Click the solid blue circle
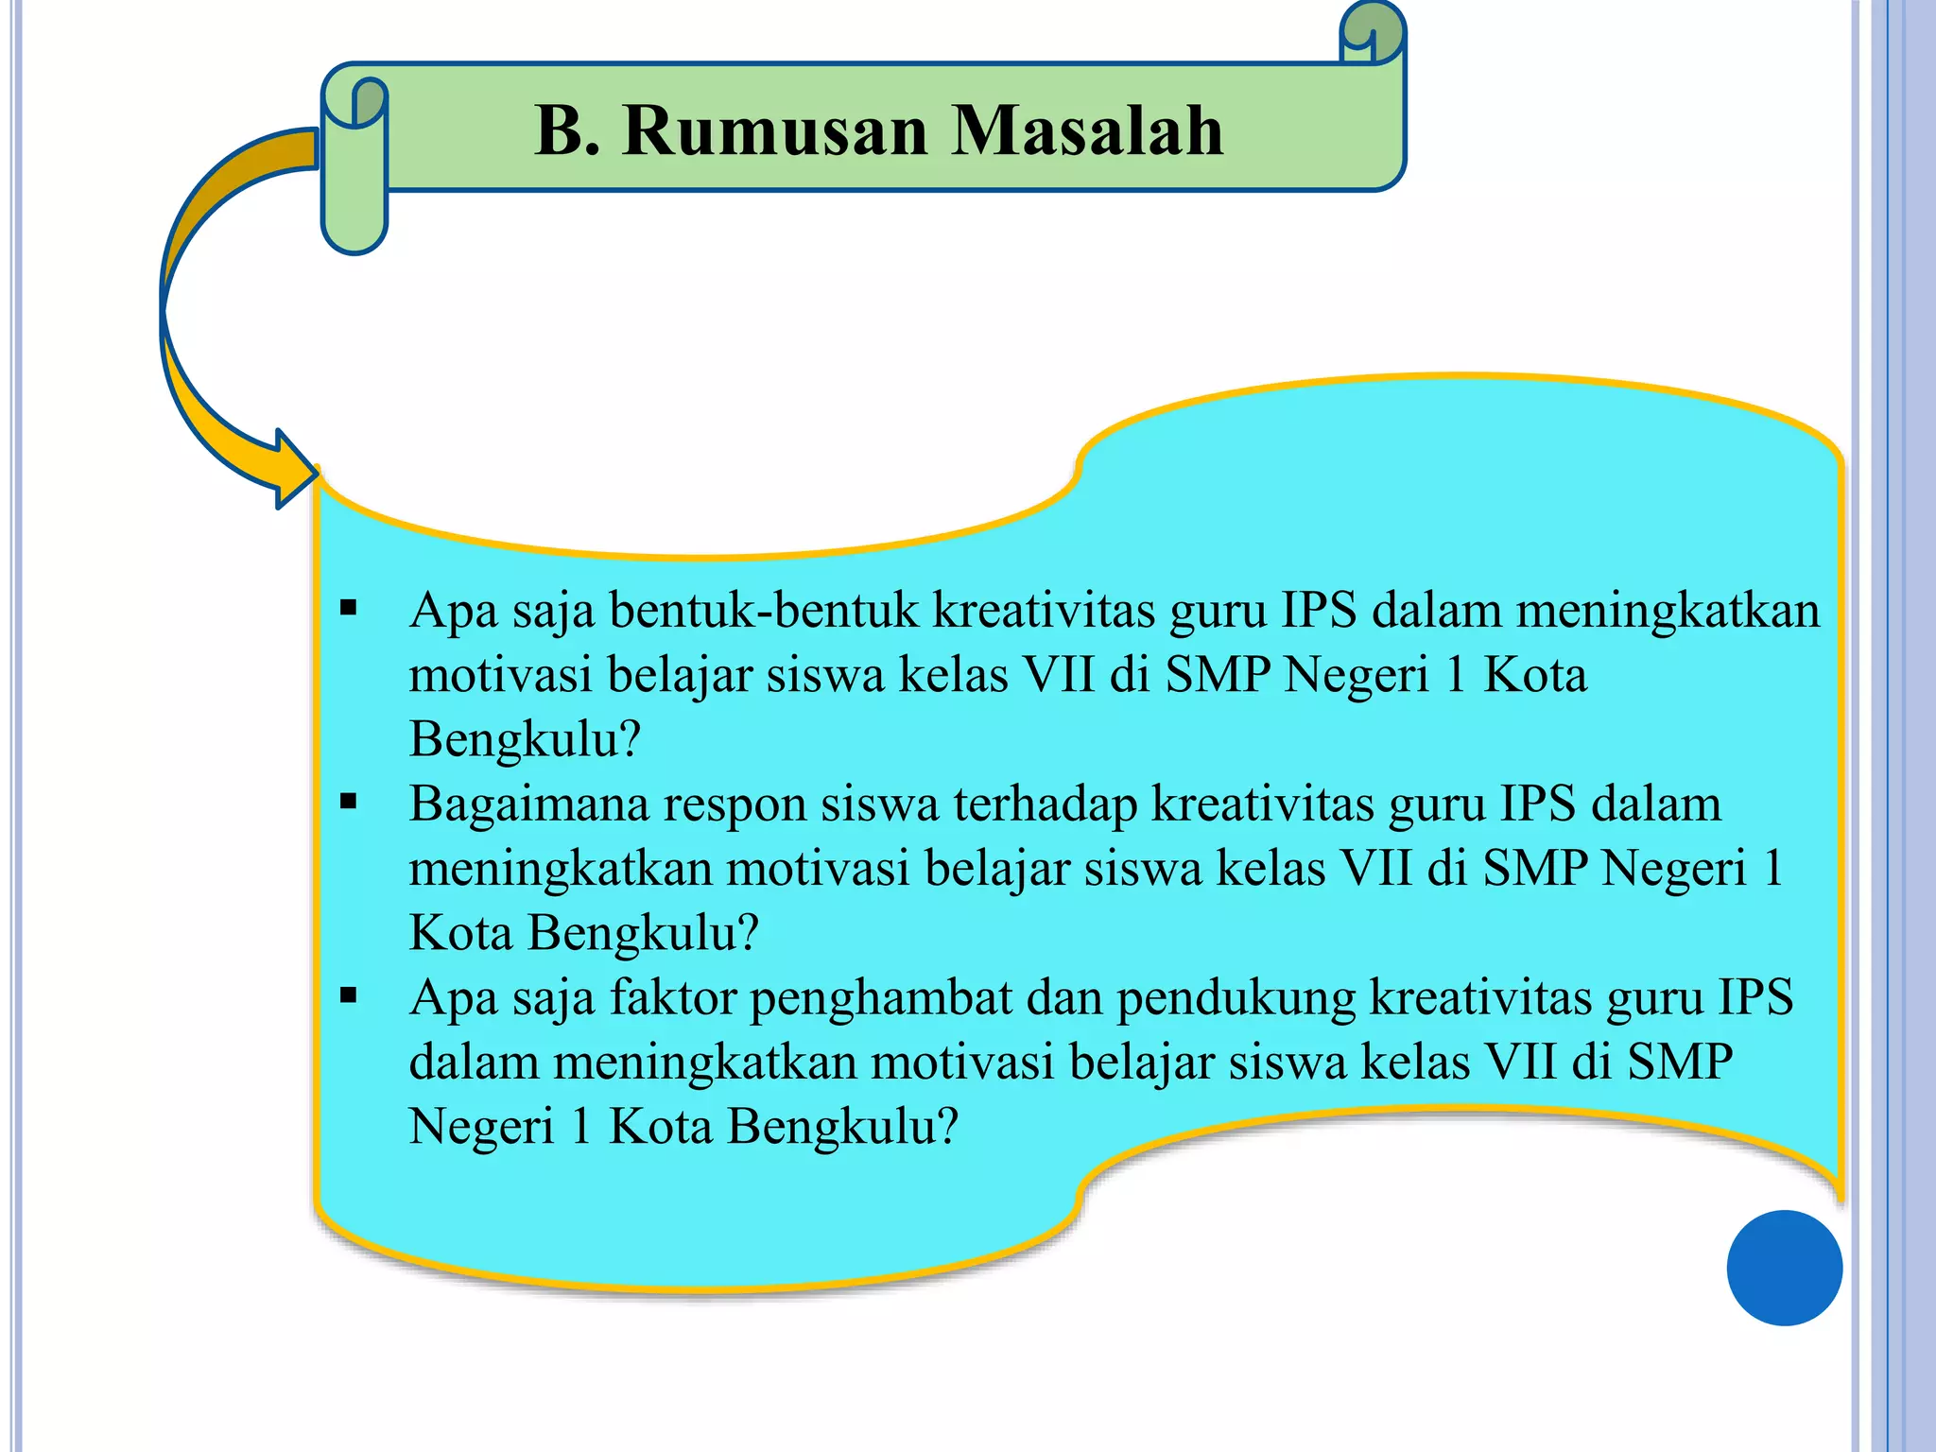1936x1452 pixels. [x=1784, y=1268]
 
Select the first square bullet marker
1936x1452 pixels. [x=349, y=609]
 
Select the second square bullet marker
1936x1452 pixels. [x=349, y=803]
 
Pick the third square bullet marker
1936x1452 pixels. [x=349, y=995]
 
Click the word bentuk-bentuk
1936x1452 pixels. [x=764, y=611]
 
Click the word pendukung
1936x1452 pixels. [x=1236, y=999]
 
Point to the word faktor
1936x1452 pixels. [x=672, y=997]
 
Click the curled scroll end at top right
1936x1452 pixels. [x=1373, y=34]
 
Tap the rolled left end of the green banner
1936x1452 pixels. [x=354, y=165]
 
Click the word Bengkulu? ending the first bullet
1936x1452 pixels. [x=525, y=739]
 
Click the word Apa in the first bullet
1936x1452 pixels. [x=453, y=611]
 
